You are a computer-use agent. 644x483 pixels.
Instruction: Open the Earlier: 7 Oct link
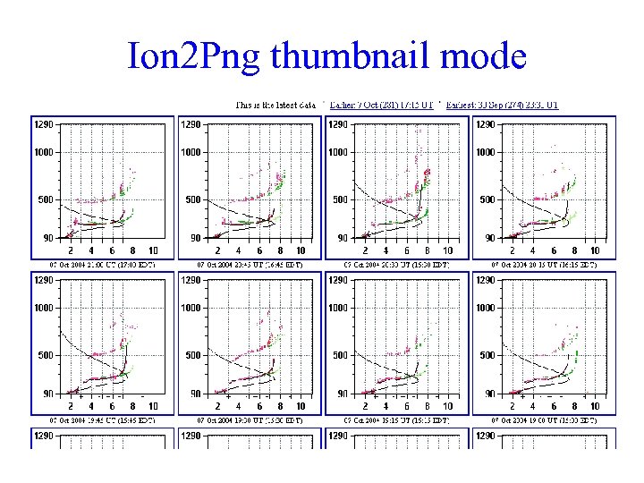point(382,105)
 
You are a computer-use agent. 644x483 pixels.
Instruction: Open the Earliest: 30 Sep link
point(503,105)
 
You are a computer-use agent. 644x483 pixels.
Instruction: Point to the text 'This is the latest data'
point(276,105)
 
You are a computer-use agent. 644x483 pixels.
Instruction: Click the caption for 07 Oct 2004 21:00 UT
point(101,265)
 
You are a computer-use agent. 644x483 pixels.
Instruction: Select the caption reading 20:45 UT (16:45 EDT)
point(250,265)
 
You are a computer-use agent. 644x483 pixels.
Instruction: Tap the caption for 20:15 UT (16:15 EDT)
point(545,265)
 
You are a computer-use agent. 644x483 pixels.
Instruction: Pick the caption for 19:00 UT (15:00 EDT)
point(545,419)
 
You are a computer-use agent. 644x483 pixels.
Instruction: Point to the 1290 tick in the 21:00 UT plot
point(43,124)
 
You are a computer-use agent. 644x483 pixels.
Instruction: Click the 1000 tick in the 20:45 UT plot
point(191,152)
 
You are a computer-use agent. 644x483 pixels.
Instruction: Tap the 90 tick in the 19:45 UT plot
point(47,394)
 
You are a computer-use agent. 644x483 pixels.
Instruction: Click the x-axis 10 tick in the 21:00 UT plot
point(153,251)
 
